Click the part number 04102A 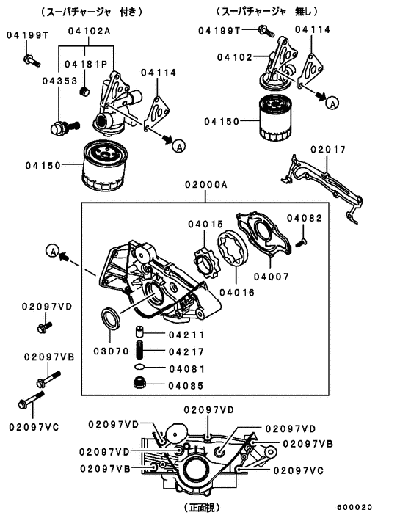[89, 31]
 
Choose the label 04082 [305, 218]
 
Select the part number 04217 [186, 352]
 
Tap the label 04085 [186, 384]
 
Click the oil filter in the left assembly [108, 167]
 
